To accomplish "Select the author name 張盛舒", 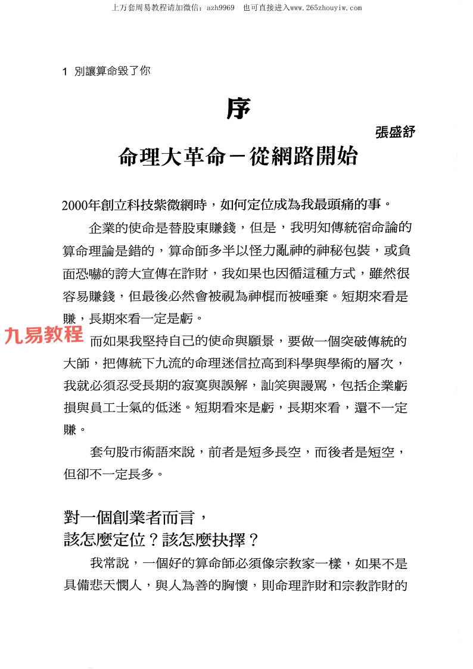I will coord(395,132).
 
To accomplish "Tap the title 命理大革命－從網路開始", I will coord(238,157).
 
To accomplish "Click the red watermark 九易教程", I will coord(43,335).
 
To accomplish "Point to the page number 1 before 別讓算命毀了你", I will coord(65,71).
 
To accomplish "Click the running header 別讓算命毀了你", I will coord(112,71).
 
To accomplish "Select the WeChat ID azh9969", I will coord(220,8).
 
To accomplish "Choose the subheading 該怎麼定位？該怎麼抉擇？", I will coord(161,540).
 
